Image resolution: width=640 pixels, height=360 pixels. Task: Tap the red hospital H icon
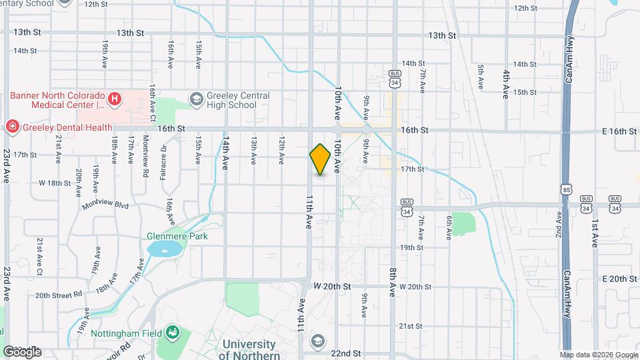point(115,99)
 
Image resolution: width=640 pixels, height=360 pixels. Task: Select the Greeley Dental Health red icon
point(11,127)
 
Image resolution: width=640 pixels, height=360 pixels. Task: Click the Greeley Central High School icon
point(196,99)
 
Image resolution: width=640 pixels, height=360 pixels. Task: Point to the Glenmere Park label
point(177,236)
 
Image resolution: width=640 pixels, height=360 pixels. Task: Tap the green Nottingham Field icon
point(173,331)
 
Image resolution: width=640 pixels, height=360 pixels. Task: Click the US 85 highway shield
point(566,189)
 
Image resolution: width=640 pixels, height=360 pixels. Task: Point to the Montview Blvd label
point(105,205)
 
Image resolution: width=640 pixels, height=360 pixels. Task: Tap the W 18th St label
point(55,182)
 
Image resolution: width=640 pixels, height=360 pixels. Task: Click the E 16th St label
point(619,131)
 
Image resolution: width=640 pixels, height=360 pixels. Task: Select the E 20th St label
point(619,279)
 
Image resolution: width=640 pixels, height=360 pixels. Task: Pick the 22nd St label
point(345,353)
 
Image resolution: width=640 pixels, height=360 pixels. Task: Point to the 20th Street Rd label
point(59,295)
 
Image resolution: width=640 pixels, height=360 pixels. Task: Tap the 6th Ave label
point(450,227)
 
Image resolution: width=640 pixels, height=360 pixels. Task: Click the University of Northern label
point(249,349)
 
